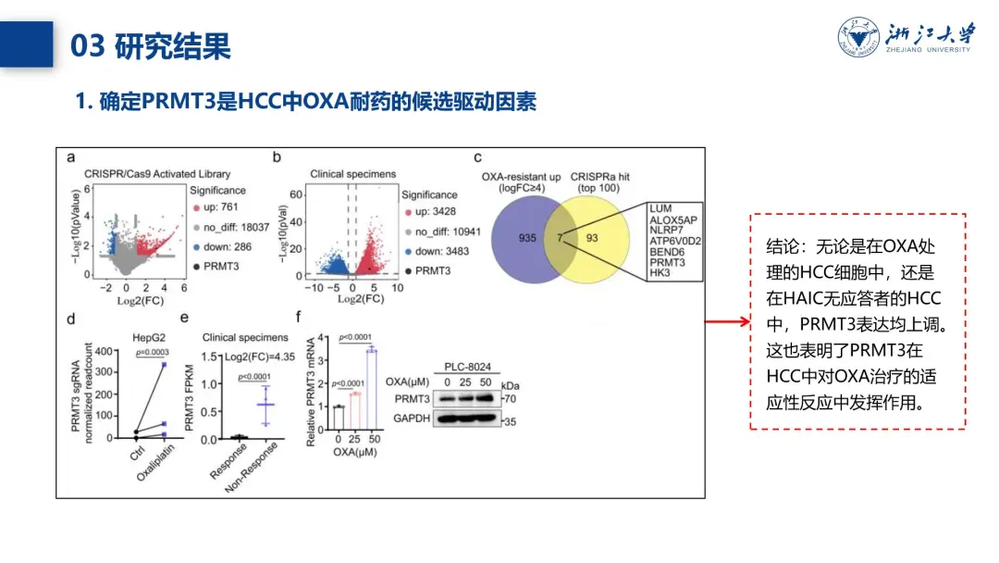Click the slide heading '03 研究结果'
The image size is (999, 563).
(151, 45)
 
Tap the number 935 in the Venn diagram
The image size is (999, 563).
(528, 238)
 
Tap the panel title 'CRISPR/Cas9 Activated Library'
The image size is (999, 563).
(157, 173)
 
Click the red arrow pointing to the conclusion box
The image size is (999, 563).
(727, 322)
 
